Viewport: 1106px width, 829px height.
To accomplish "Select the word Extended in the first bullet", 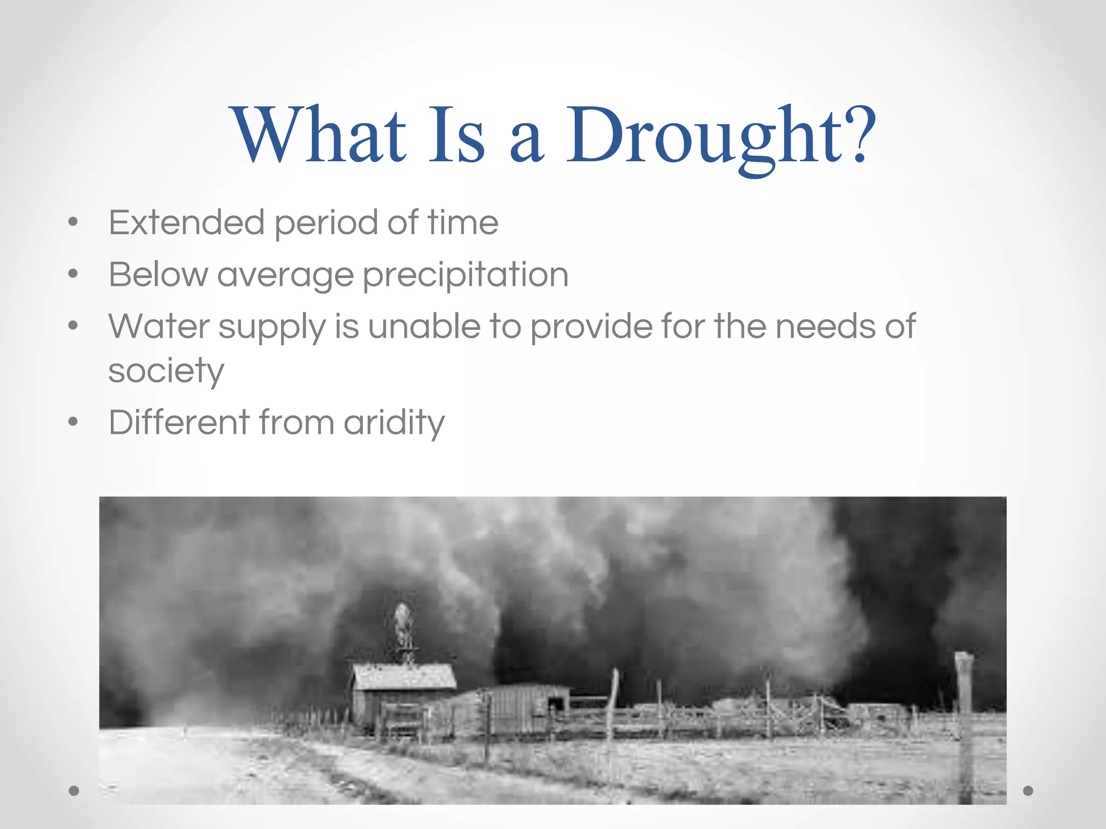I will coord(186,222).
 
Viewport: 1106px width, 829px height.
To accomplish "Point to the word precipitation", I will coord(465,275).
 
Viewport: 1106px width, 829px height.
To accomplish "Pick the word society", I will coord(166,371).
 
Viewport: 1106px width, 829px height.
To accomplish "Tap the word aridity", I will coord(394,423).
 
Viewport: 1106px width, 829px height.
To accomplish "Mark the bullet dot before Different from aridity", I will coord(73,422).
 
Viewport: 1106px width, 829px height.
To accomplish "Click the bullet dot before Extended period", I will coord(73,222).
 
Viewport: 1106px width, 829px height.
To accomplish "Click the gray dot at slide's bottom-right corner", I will coord(1028,791).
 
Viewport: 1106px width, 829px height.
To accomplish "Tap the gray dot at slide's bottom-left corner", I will coord(74,791).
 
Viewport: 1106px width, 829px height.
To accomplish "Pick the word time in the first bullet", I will coord(463,222).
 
